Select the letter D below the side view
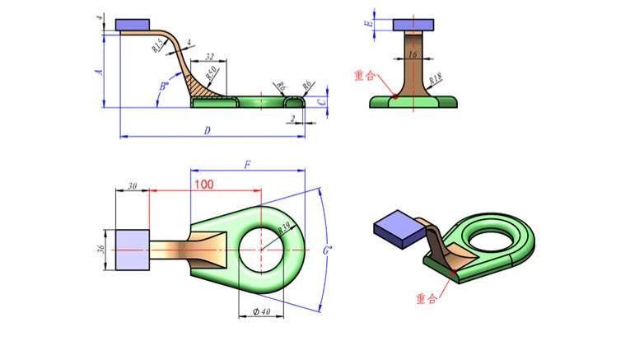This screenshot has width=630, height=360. pyautogui.click(x=207, y=130)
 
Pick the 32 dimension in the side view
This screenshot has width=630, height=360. pyautogui.click(x=209, y=56)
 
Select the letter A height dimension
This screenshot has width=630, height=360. pyautogui.click(x=99, y=72)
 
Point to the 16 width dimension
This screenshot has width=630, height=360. pyautogui.click(x=412, y=54)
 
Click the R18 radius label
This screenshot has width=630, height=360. pyautogui.click(x=436, y=79)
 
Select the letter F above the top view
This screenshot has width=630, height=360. pyautogui.click(x=247, y=165)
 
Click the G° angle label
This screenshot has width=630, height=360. pyautogui.click(x=329, y=250)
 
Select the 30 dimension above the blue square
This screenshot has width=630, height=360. pyautogui.click(x=131, y=186)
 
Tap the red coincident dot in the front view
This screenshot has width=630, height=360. pyautogui.click(x=396, y=96)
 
